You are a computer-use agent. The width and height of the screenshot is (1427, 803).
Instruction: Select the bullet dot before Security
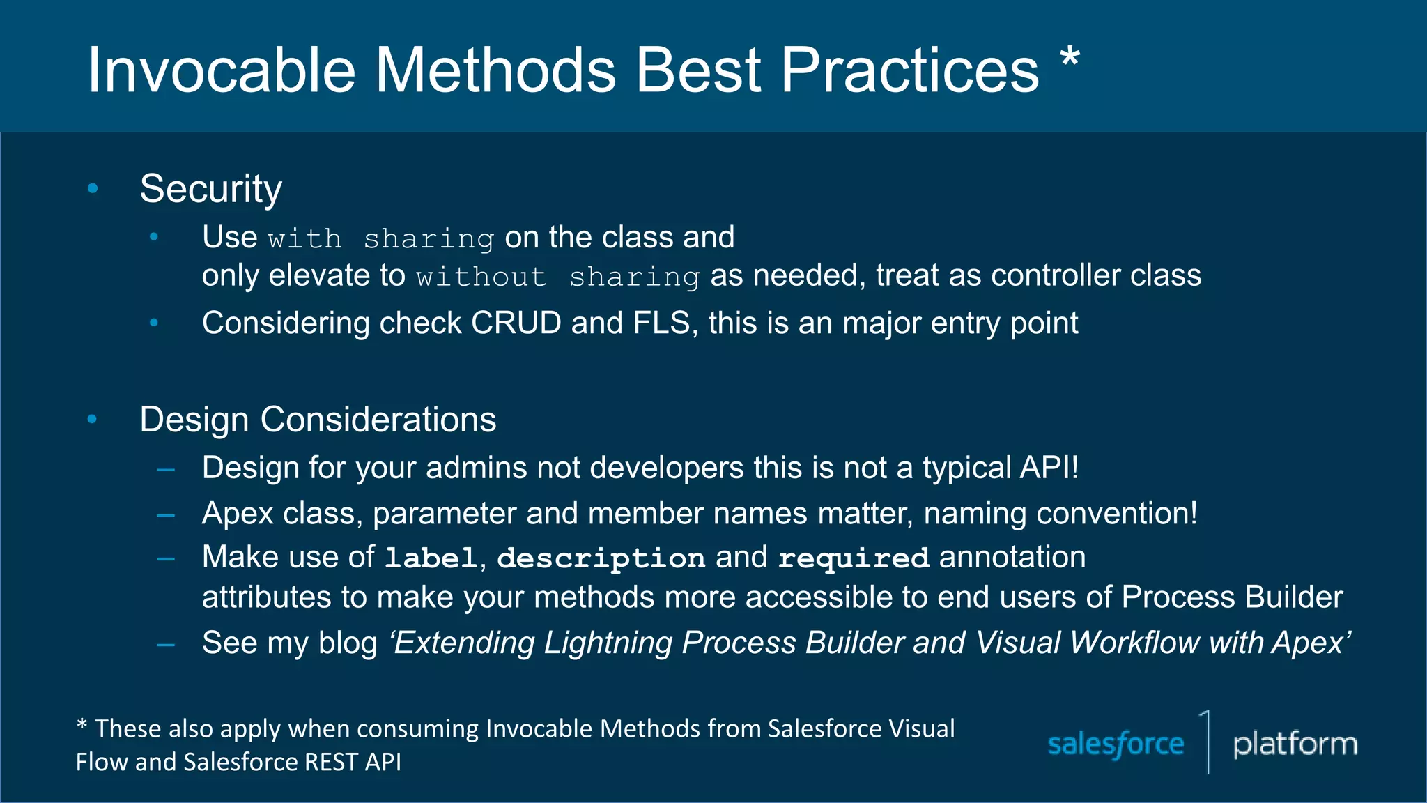point(93,188)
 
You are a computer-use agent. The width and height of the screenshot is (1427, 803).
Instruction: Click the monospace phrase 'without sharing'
point(557,277)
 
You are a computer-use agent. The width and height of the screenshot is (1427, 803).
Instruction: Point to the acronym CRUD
point(516,323)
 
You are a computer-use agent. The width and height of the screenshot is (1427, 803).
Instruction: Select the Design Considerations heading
point(318,420)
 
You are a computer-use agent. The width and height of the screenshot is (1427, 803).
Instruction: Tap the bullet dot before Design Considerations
point(93,419)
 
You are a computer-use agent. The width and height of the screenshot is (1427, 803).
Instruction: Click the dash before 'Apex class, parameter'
point(166,516)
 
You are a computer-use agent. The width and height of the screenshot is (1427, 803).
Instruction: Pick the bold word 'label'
point(431,558)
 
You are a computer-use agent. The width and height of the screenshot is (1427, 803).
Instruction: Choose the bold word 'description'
point(601,558)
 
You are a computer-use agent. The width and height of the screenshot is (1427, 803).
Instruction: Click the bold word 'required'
point(854,558)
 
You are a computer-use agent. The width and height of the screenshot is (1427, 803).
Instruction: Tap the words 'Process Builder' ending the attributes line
point(1232,597)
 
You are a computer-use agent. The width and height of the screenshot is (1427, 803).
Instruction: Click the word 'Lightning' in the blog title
point(608,643)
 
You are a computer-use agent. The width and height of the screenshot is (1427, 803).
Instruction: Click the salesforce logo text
point(1116,744)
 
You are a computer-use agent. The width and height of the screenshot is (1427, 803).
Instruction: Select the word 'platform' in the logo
point(1295,744)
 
